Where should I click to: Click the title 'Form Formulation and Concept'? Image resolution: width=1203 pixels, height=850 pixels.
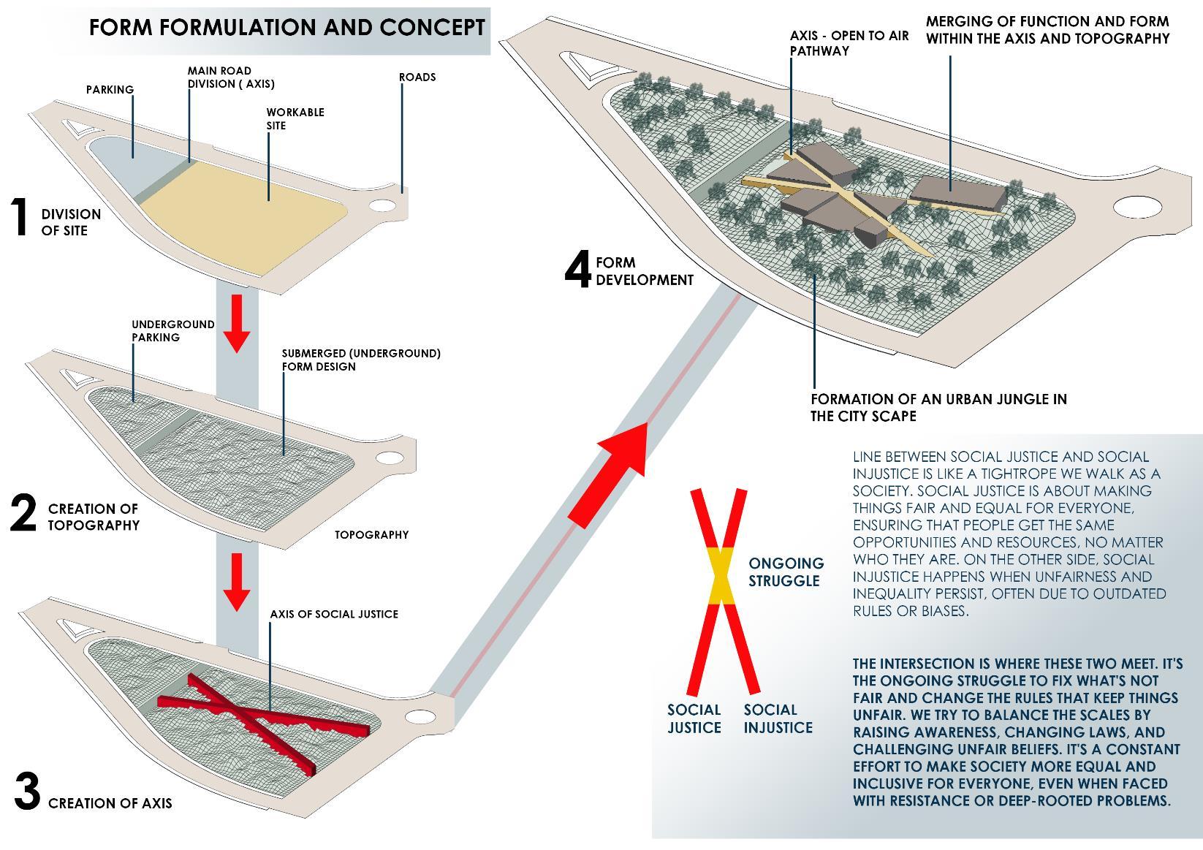pos(286,28)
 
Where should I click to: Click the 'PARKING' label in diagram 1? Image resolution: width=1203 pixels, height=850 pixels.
pos(110,90)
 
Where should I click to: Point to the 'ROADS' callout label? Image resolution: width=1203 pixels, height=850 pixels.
pos(417,77)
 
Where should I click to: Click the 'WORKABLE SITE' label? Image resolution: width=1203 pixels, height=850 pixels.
pos(295,119)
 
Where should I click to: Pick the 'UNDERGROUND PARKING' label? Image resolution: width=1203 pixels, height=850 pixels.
pos(172,331)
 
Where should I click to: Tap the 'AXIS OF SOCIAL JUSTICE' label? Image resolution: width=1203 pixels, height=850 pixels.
pos(334,614)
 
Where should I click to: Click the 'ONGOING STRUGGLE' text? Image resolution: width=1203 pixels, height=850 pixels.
pos(785,572)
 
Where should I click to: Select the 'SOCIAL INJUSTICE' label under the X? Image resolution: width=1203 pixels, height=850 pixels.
pos(778,718)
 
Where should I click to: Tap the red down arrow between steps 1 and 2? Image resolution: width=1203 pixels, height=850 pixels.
pos(237,322)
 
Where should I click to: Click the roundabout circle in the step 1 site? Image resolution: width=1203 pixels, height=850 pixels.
pos(382,205)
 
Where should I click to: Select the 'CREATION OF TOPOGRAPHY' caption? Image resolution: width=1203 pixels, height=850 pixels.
pos(94,517)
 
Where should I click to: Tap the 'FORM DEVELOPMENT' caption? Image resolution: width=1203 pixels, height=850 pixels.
pos(644,271)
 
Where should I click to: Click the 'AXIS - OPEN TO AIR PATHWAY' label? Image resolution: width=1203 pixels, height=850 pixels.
pos(849,43)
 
